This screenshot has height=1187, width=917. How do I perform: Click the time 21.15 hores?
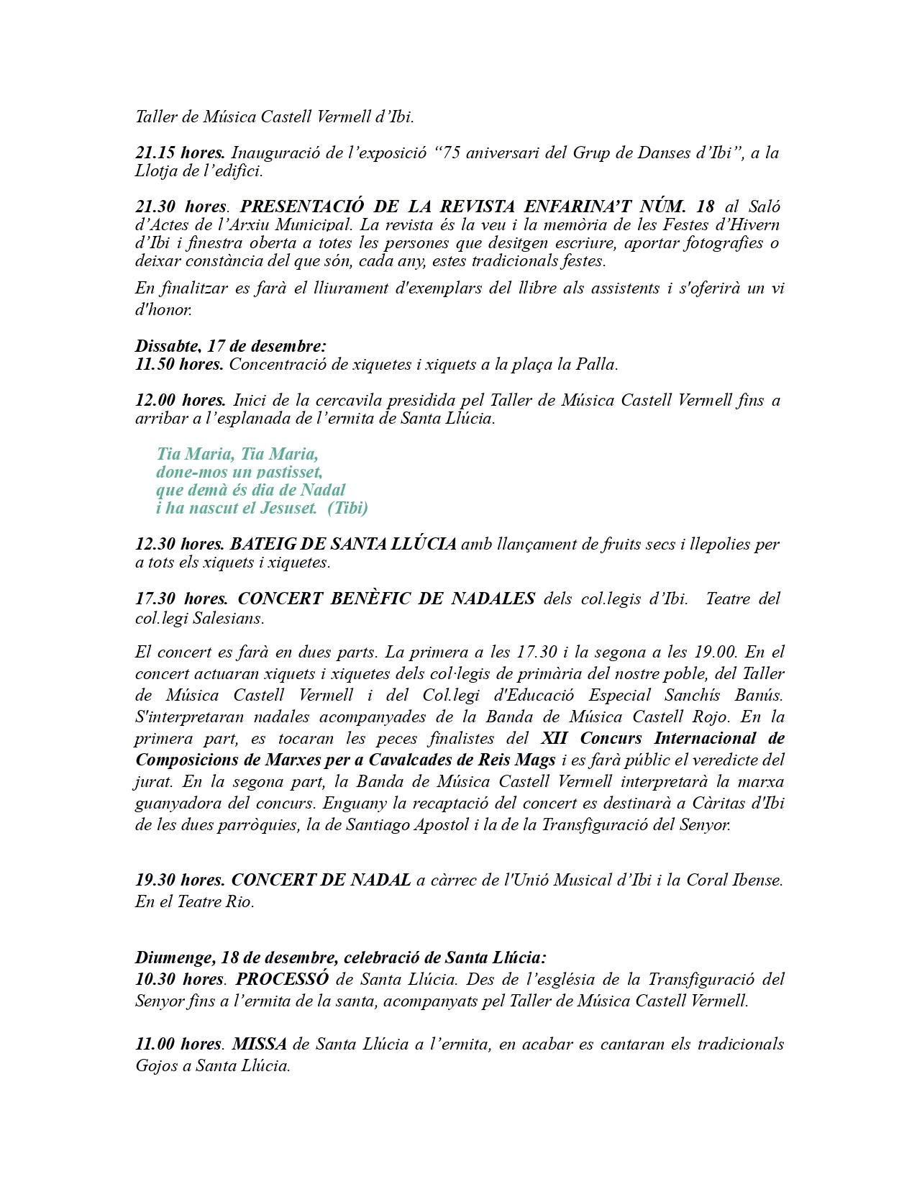(x=180, y=153)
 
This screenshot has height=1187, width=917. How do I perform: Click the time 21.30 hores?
(x=181, y=206)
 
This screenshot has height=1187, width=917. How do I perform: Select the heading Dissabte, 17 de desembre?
(x=230, y=346)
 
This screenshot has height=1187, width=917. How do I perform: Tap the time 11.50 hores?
(x=180, y=364)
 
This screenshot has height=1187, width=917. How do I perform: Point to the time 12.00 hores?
(x=181, y=400)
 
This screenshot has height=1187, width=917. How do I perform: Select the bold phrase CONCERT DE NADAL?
(x=321, y=880)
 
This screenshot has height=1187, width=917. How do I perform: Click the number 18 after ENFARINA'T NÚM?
(x=705, y=206)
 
